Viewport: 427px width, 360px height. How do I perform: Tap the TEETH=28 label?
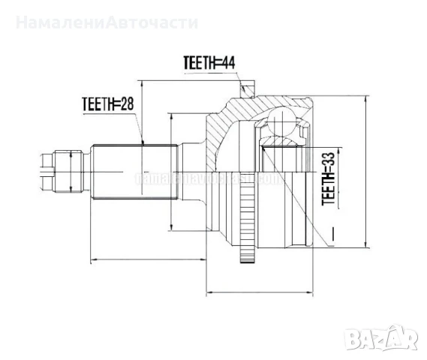110,104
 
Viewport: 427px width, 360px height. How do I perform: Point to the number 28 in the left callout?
128,104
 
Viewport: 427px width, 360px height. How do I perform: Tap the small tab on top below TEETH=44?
245,92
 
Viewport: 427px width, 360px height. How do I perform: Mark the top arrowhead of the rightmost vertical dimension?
365,98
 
